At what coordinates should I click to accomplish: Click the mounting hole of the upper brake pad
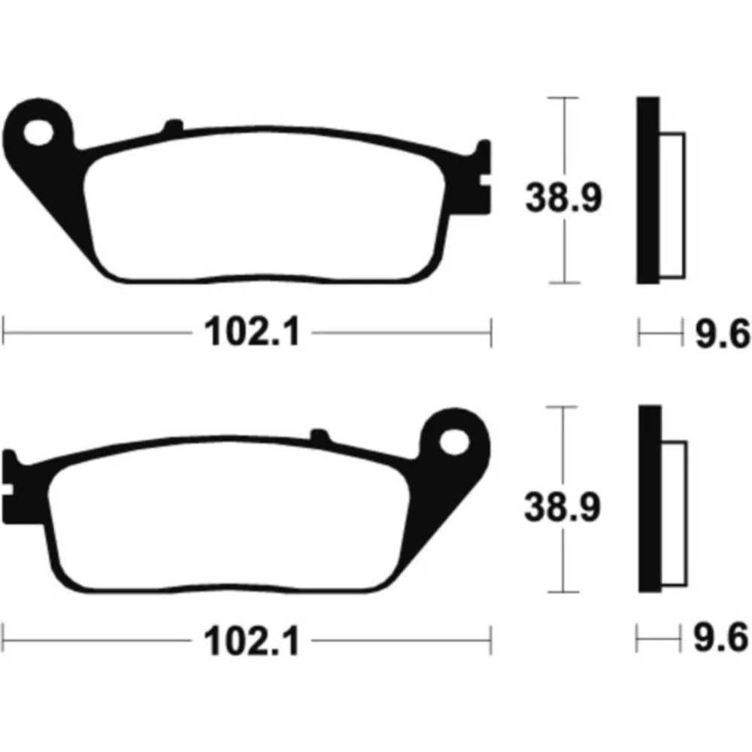(x=38, y=133)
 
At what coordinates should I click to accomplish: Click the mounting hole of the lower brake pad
(x=454, y=442)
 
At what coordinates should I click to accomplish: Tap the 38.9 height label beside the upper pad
(x=563, y=198)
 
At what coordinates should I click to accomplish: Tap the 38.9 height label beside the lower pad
(x=562, y=507)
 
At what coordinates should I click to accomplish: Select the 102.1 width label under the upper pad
(x=252, y=332)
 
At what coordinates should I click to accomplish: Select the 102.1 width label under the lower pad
(x=252, y=641)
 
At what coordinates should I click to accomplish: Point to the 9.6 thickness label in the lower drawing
(x=721, y=638)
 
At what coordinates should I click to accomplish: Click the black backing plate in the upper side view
(x=648, y=190)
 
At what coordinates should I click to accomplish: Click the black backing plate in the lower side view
(x=650, y=499)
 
